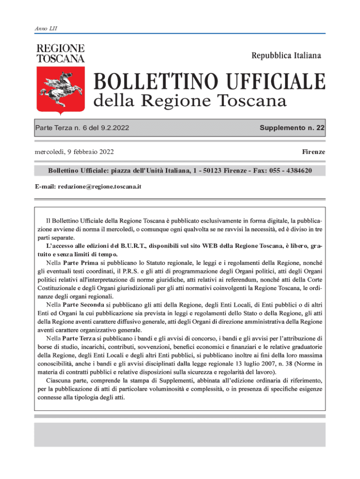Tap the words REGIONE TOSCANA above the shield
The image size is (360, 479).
pyautogui.click(x=60, y=53)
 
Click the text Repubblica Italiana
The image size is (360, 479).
pyautogui.click(x=286, y=56)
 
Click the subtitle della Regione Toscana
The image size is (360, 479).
pyautogui.click(x=191, y=101)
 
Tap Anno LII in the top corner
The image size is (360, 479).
pyautogui.click(x=45, y=29)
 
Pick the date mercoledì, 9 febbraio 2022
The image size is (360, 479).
pyautogui.click(x=74, y=152)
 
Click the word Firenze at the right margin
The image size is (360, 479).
pyautogui.click(x=313, y=152)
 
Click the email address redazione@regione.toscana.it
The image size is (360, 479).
pyautogui.click(x=100, y=186)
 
